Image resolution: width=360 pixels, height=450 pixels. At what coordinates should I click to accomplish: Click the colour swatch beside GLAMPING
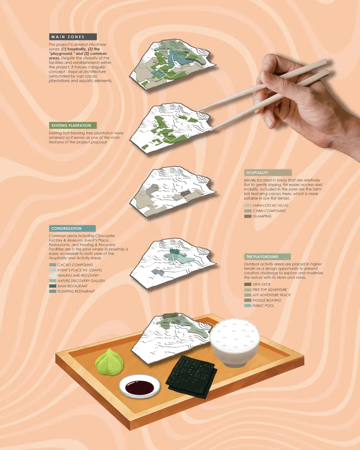248,216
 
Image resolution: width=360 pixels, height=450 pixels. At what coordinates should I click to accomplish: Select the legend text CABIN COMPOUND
269,211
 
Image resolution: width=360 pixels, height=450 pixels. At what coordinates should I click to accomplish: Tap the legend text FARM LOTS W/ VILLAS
270,206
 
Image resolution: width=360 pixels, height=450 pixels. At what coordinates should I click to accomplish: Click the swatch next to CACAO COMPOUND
52,265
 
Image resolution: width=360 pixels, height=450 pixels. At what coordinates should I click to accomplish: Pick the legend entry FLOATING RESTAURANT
76,291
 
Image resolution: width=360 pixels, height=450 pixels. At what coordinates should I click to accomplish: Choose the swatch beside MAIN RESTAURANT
52,286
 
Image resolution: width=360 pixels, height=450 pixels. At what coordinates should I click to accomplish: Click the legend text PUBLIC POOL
263,306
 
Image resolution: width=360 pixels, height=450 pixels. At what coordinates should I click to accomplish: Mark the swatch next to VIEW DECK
247,284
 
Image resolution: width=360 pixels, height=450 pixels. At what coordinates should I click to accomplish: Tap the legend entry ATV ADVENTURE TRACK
271,295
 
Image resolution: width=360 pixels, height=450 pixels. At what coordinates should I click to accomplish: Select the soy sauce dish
140,387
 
